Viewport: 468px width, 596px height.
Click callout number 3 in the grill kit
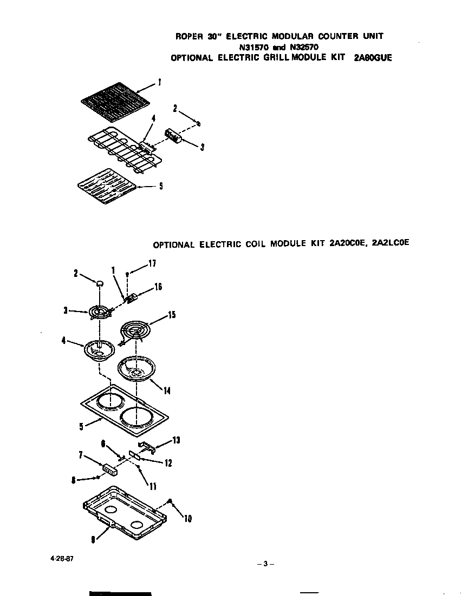tap(201, 148)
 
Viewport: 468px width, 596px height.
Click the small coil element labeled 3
tap(101, 312)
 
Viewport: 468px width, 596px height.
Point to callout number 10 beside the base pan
tap(187, 519)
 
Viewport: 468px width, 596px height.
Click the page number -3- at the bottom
tap(265, 564)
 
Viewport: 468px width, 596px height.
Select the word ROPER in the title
tap(189, 36)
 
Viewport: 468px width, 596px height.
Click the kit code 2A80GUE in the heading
tap(372, 58)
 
